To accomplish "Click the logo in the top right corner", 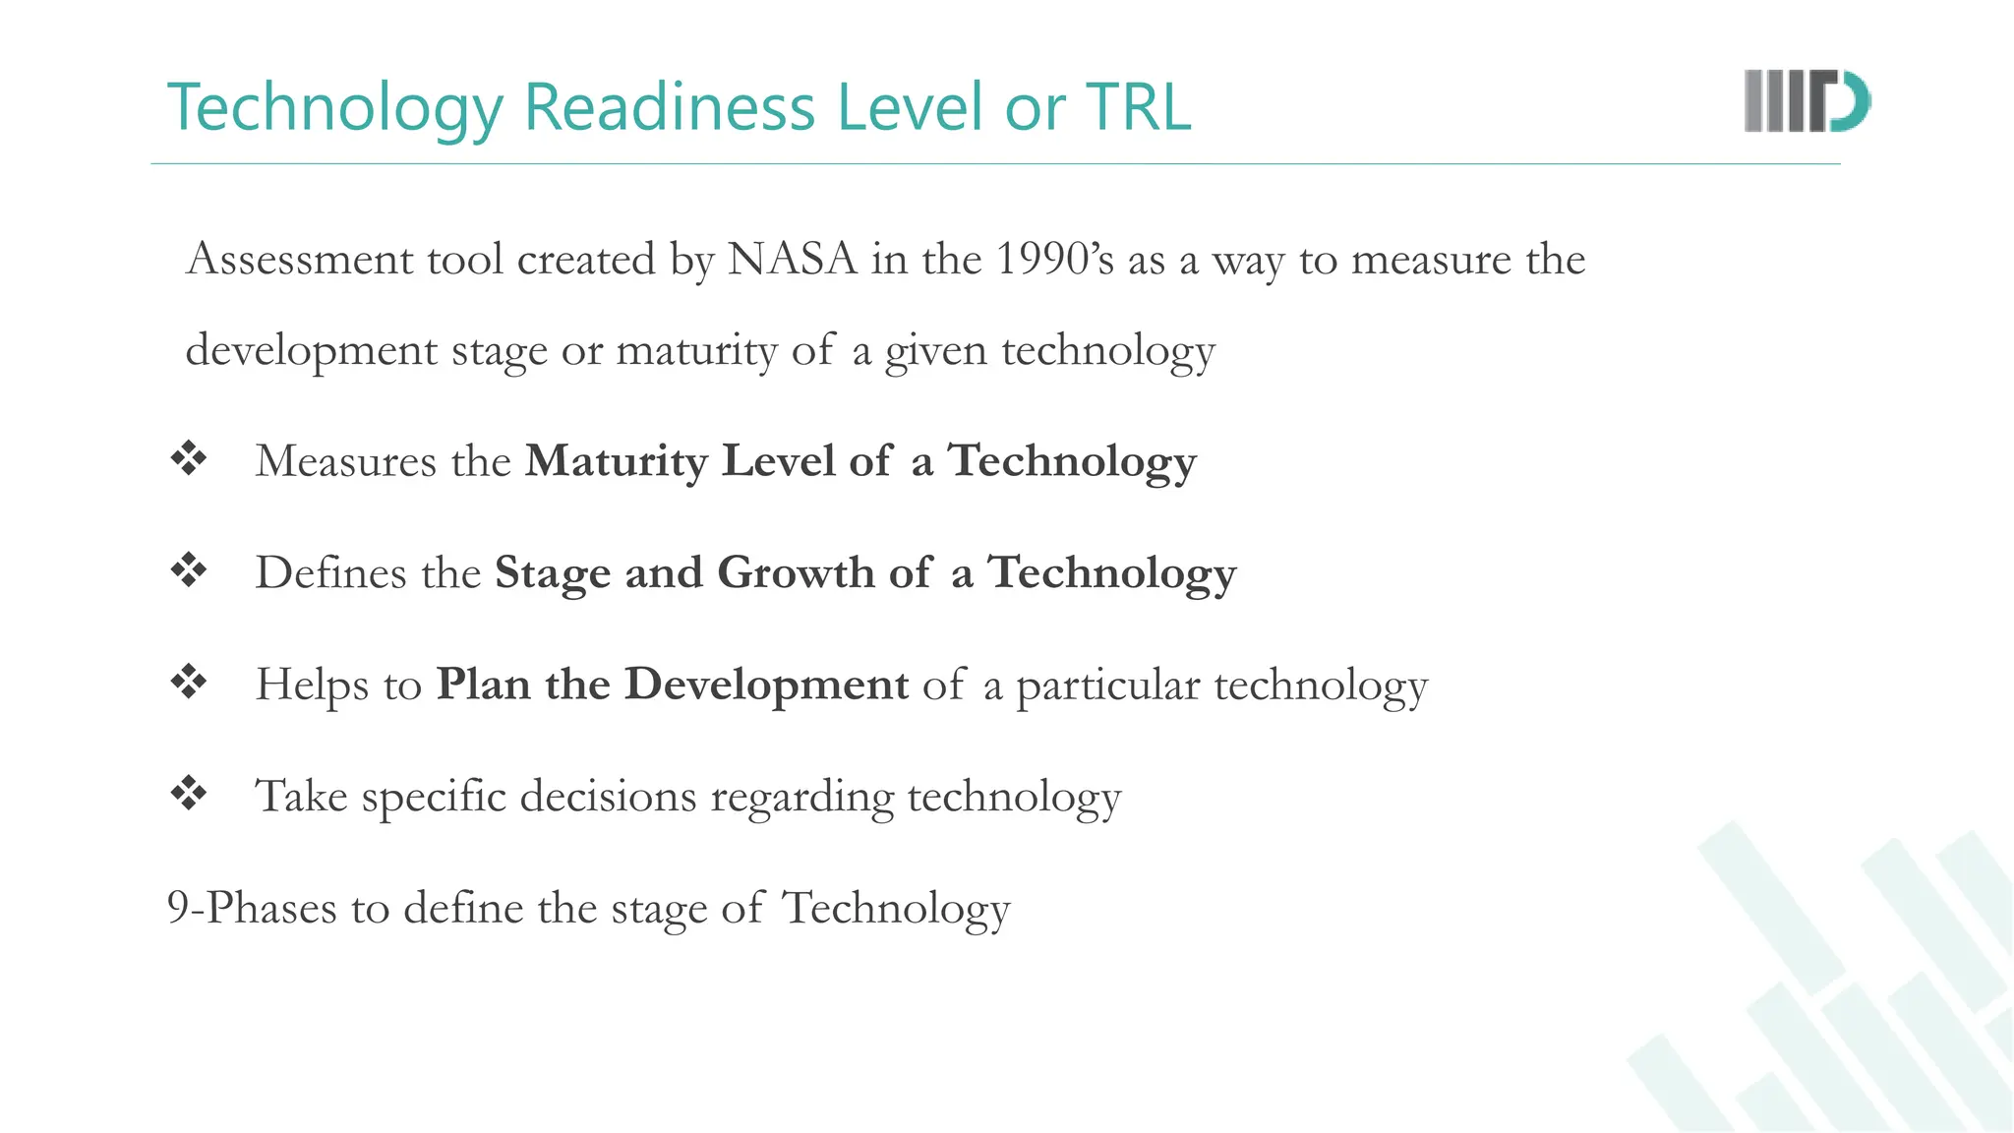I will click(1807, 101).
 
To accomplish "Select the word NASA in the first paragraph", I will click(793, 260).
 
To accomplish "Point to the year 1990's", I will click(1054, 260).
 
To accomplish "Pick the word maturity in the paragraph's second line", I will click(696, 351).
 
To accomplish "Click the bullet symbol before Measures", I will click(189, 458).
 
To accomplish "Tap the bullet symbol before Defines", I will click(189, 570).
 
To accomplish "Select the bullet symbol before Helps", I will click(189, 682).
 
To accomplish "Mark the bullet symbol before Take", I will click(189, 793).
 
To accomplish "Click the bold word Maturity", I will click(616, 461).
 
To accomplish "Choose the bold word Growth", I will click(795, 572).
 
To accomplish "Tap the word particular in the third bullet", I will click(1107, 686).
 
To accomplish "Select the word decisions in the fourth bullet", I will click(608, 796).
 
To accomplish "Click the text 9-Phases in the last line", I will click(252, 908).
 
